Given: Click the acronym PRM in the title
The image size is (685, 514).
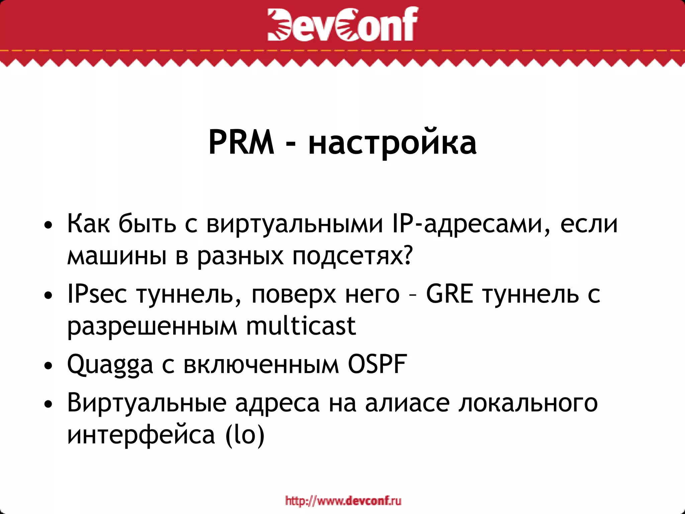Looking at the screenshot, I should pos(241,143).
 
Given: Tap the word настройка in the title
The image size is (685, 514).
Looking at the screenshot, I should pos(392,144).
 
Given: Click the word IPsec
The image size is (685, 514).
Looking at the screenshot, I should pos(97,294).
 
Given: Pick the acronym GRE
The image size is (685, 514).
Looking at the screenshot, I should pos(450,294).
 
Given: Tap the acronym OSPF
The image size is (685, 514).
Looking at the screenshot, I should pos(377,364).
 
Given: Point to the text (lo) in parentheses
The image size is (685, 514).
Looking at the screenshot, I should pos(245,435).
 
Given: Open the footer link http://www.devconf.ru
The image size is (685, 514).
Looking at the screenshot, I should pos(343,501).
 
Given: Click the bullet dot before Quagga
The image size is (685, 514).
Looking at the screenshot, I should pos(48,366).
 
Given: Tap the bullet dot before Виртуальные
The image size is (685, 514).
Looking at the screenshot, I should pos(48,404).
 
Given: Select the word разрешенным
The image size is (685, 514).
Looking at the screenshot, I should pos(152,326).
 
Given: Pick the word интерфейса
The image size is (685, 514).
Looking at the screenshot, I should pos(141,435).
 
